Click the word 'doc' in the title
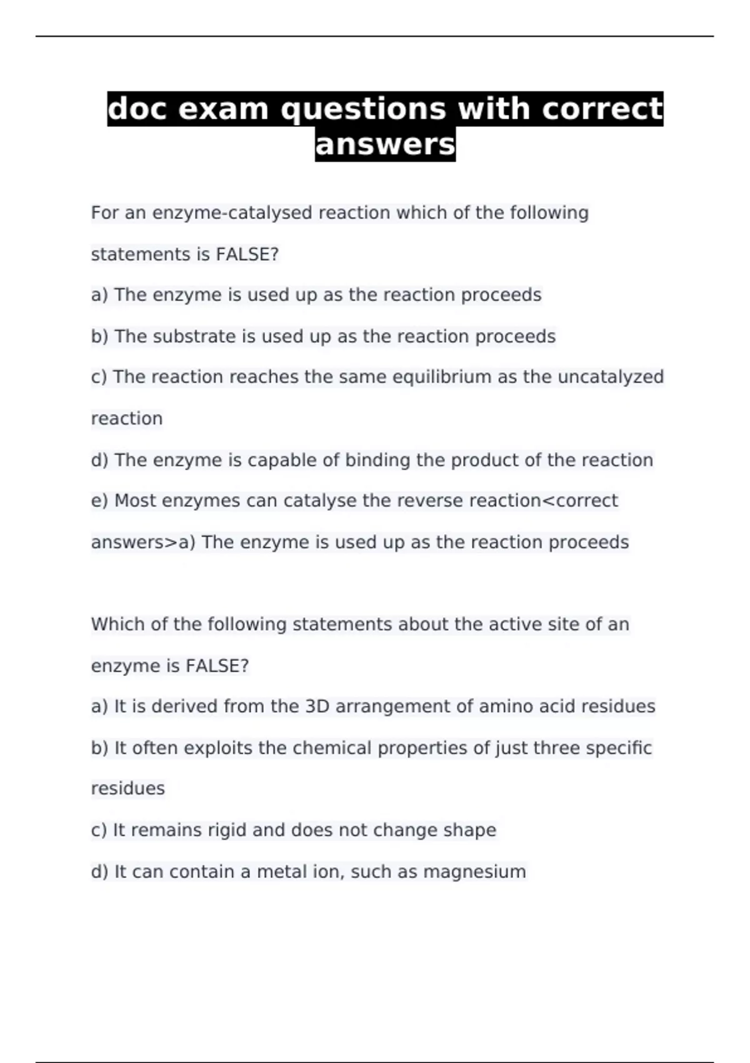click(x=137, y=109)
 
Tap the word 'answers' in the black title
click(x=385, y=144)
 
